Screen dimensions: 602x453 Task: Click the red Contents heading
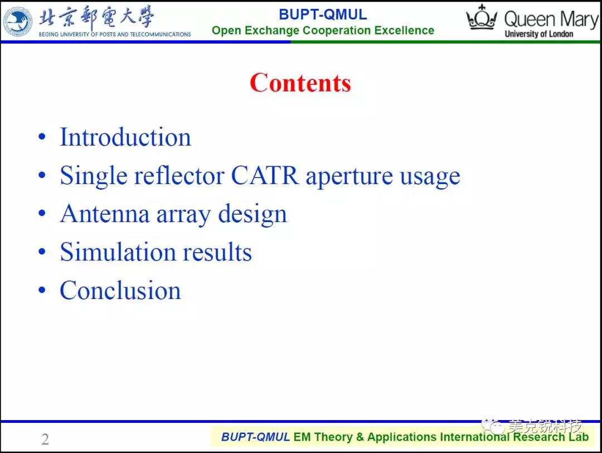tap(300, 83)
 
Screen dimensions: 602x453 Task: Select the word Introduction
tap(125, 137)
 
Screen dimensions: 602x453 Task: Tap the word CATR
tap(265, 176)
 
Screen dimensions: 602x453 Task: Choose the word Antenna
tap(104, 214)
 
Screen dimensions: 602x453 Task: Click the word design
tap(253, 214)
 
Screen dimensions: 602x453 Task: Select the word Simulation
tap(118, 252)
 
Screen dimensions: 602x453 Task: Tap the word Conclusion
tap(120, 290)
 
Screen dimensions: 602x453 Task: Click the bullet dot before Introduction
tap(42, 137)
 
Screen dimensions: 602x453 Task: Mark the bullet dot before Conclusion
tap(42, 290)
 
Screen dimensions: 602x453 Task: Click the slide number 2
tap(45, 439)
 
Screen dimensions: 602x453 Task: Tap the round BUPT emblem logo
tap(18, 22)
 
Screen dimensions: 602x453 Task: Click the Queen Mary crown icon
tap(482, 17)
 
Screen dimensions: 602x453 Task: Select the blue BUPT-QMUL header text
tap(323, 15)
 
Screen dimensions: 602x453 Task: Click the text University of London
tap(538, 34)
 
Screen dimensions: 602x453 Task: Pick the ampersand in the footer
tap(360, 437)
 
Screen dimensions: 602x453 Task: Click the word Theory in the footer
tap(332, 437)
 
